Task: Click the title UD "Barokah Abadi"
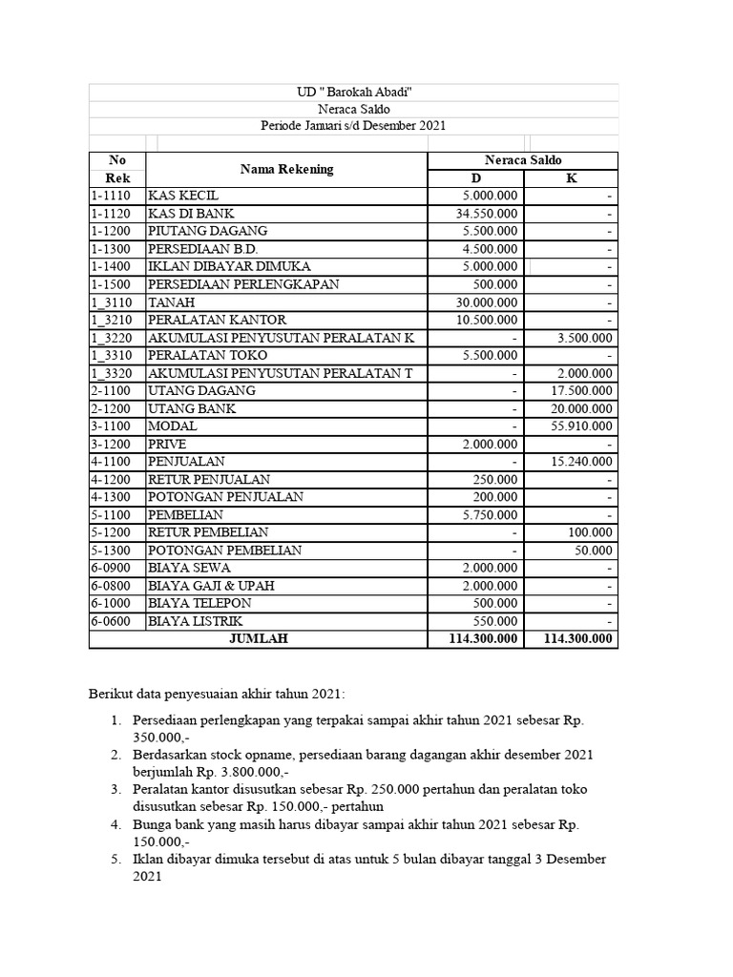(354, 92)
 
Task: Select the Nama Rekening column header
(286, 169)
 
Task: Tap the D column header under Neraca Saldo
(475, 178)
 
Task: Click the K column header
(571, 178)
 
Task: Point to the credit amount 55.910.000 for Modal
(581, 426)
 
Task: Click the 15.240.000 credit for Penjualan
(581, 462)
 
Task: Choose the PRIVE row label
(167, 445)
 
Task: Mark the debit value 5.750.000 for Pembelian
(492, 515)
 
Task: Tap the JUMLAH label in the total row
(258, 639)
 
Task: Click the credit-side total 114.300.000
(577, 639)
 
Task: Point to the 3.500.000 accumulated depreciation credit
(585, 338)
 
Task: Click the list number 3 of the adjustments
(115, 790)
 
